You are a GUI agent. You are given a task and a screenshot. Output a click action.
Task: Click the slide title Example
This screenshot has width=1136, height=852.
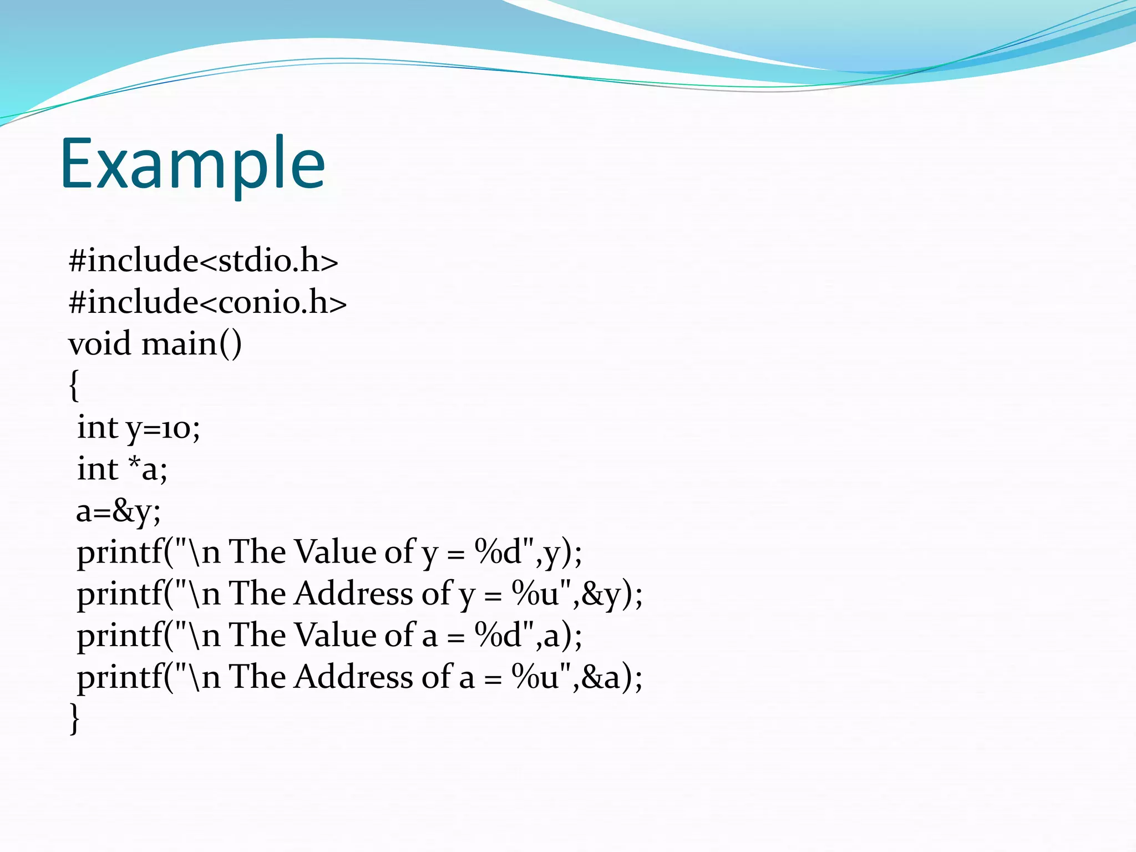[192, 165]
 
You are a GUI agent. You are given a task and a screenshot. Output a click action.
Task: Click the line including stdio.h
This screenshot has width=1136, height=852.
[203, 260]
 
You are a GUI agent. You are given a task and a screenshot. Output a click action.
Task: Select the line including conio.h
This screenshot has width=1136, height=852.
[207, 302]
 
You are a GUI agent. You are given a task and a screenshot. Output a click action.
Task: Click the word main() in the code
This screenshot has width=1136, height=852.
[191, 344]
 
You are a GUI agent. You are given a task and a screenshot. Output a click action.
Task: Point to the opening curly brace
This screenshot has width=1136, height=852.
[74, 386]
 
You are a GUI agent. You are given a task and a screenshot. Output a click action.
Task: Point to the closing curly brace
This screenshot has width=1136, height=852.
[74, 719]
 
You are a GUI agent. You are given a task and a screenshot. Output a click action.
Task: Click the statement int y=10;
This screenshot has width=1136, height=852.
[138, 428]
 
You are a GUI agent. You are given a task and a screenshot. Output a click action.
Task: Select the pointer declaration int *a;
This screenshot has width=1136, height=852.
[122, 469]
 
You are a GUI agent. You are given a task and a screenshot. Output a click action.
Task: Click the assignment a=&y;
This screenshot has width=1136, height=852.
[118, 511]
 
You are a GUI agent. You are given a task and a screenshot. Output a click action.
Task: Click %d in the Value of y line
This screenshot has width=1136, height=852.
[498, 552]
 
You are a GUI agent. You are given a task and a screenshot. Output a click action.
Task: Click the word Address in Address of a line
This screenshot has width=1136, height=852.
[353, 677]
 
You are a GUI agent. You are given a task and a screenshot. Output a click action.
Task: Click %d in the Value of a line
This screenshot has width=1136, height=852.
[498, 636]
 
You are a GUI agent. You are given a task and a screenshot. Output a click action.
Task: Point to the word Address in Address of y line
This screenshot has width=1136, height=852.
[353, 594]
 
